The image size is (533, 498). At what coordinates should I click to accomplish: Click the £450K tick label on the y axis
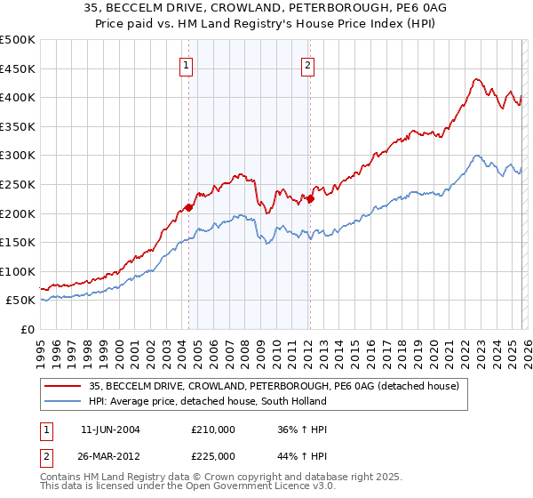coord(18,68)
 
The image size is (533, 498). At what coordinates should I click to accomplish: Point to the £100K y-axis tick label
coord(18,271)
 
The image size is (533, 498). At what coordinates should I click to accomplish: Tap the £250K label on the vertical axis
coord(18,184)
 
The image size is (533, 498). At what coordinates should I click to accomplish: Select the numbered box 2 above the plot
coord(307,64)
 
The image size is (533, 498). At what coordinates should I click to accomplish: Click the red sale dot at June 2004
coord(188,208)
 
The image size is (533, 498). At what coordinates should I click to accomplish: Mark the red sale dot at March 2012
coord(311,199)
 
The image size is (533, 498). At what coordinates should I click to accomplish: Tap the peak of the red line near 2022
coord(477,79)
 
